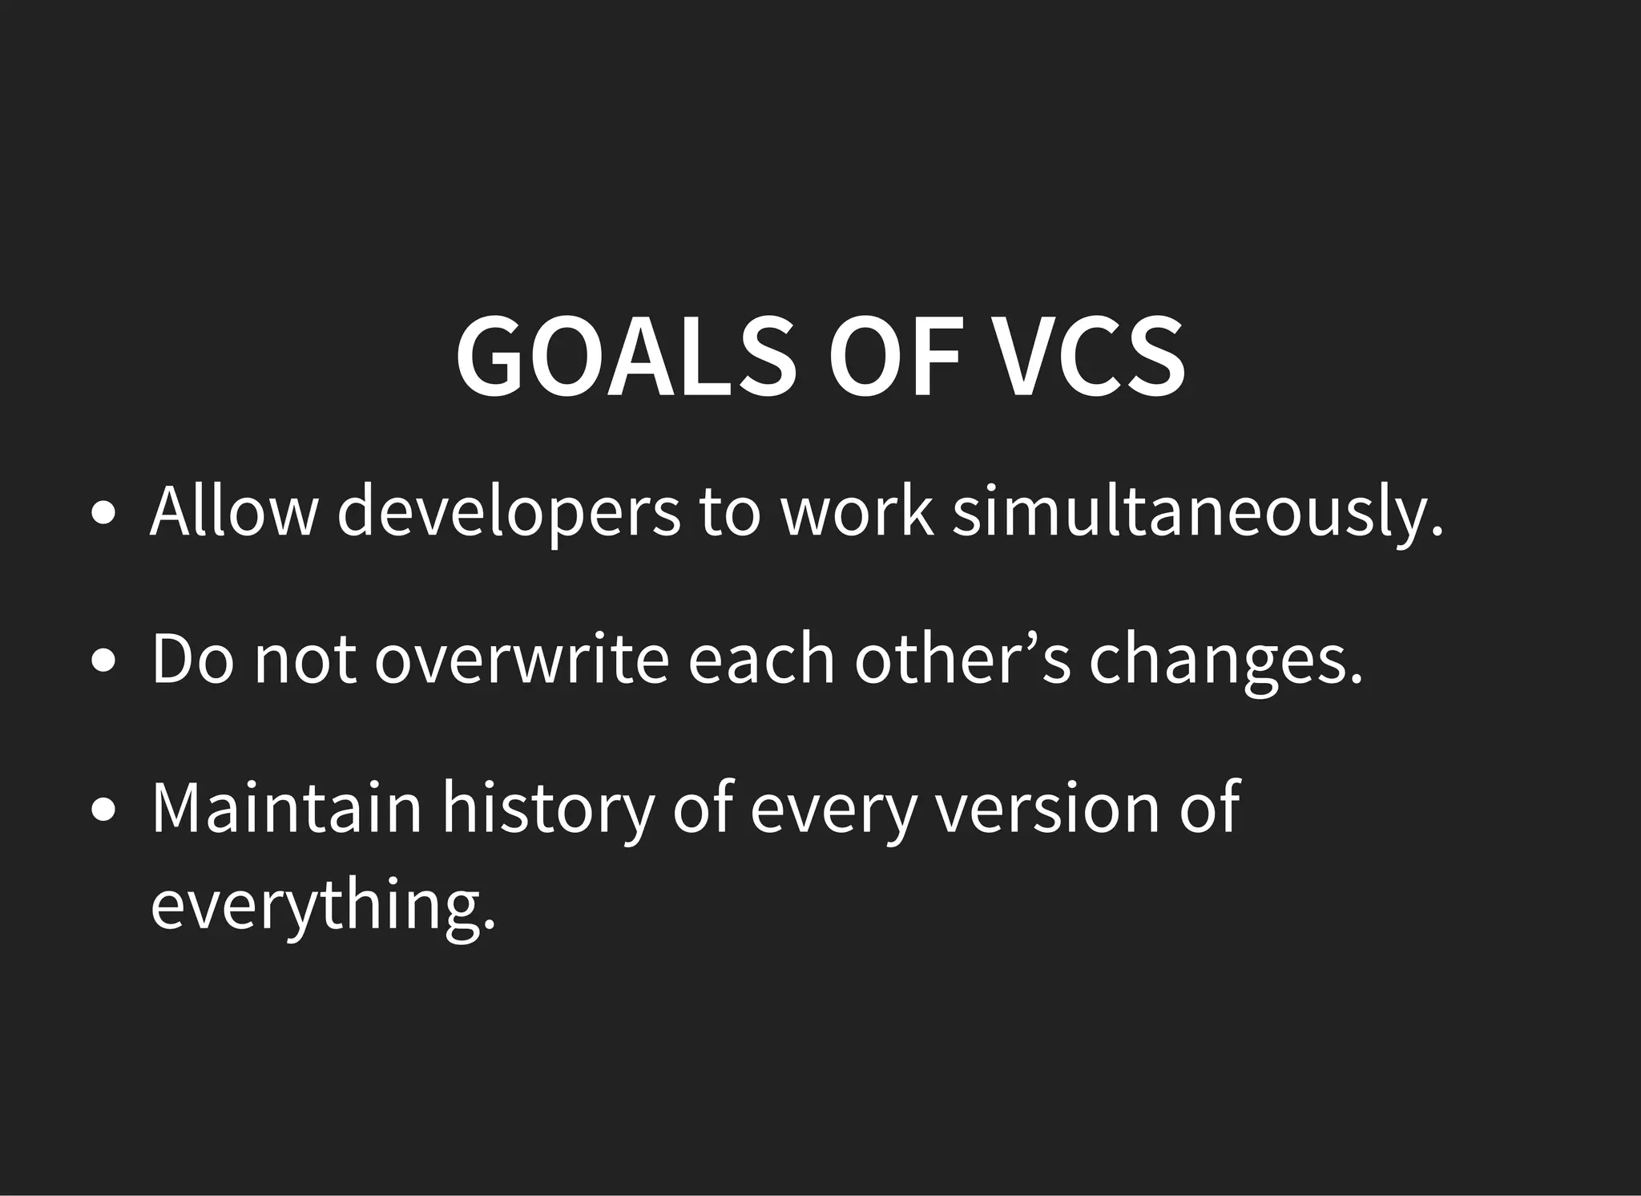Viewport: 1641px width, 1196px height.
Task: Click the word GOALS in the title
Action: tap(626, 355)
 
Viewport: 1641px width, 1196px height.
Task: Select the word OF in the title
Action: tap(894, 355)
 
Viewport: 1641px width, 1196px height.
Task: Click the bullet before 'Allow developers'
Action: tap(102, 514)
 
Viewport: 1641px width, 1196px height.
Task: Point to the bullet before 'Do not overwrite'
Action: tap(102, 661)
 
